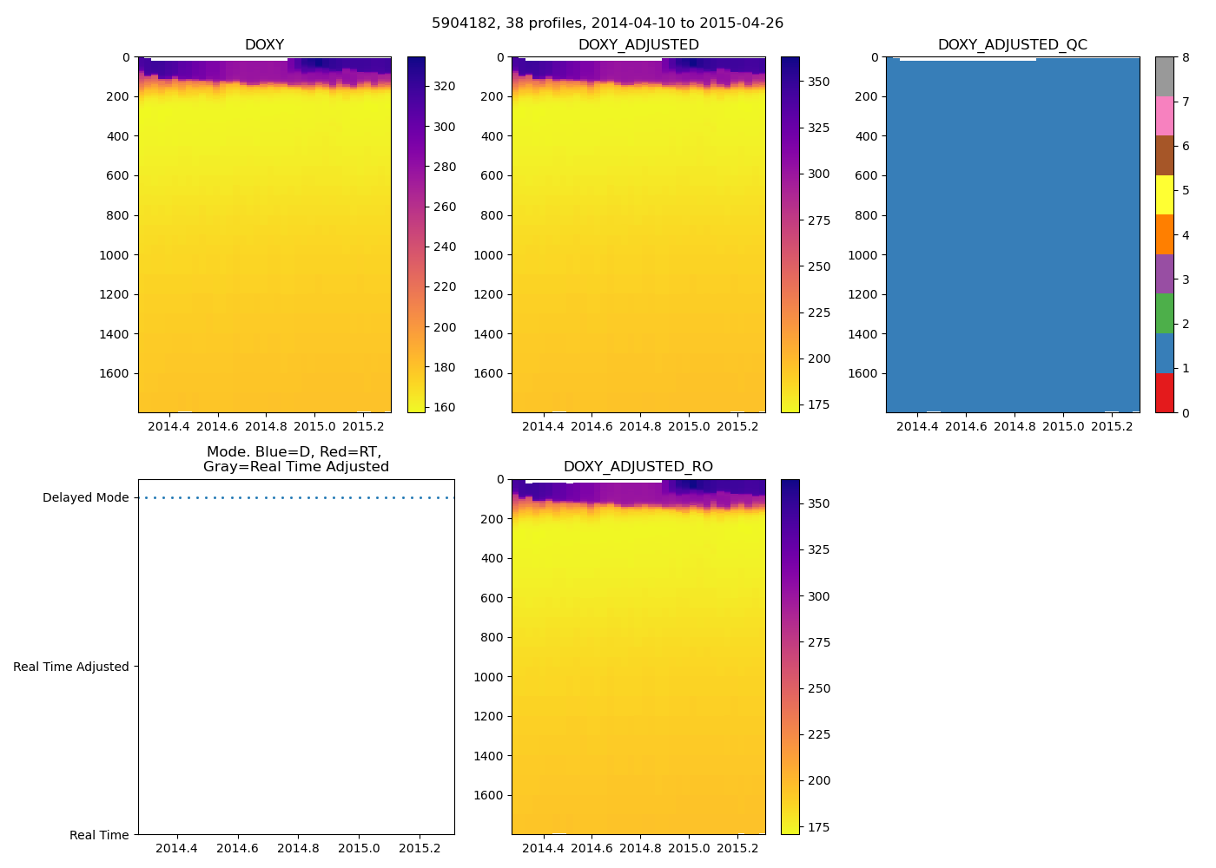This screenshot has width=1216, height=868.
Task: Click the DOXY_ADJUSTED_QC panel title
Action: [1012, 44]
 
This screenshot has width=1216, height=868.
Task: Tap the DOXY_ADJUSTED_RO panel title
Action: [638, 466]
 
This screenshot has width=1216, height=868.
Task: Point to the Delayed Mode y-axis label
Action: [85, 497]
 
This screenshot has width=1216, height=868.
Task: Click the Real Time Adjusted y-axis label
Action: [70, 667]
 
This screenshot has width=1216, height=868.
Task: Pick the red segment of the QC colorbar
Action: [1164, 393]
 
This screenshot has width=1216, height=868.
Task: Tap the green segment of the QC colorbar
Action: [1164, 313]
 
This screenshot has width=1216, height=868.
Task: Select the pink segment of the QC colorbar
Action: [1164, 115]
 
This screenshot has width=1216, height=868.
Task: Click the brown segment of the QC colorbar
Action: [1164, 155]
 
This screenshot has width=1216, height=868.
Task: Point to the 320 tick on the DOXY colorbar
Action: [445, 86]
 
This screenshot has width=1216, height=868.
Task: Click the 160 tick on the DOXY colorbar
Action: [445, 407]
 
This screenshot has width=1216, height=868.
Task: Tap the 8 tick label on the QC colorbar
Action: [1186, 57]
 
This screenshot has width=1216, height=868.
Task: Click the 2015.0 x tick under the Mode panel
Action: [359, 848]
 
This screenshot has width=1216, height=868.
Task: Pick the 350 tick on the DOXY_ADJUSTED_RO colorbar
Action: [819, 503]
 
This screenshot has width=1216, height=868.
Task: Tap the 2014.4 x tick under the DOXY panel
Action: [169, 426]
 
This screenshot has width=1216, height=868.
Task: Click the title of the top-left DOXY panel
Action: [264, 44]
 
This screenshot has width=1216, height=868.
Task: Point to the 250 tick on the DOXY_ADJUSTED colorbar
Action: [819, 266]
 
